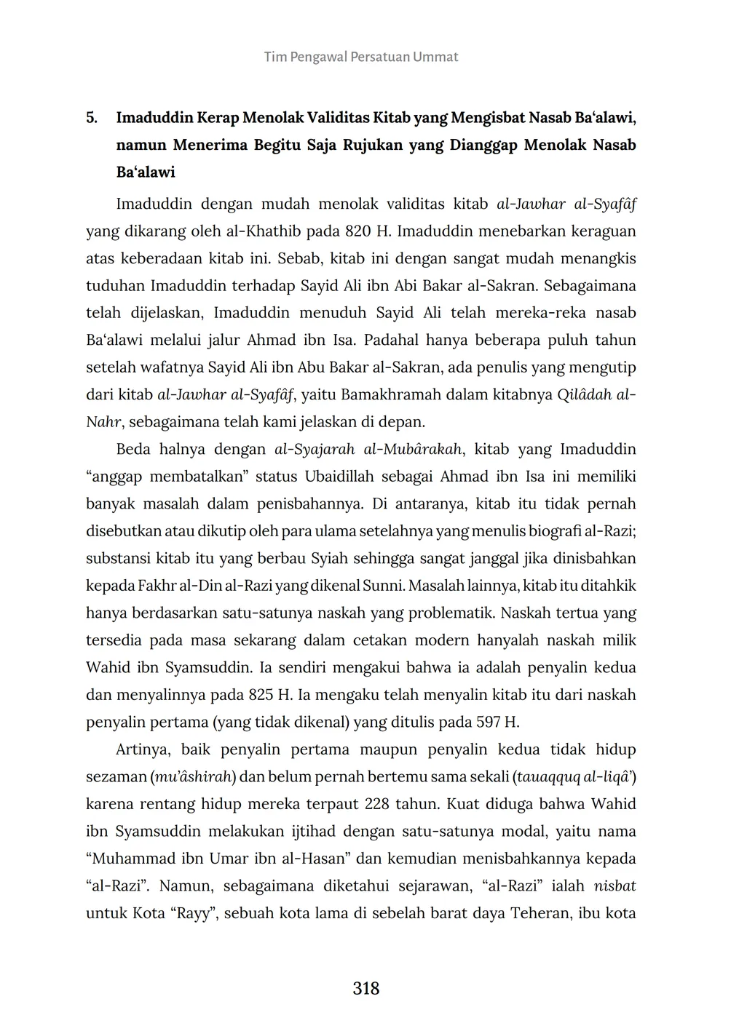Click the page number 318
pyautogui.click(x=365, y=988)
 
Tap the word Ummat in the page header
pyautogui.click(x=435, y=57)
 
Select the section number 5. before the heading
pyautogui.click(x=92, y=117)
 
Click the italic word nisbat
pyautogui.click(x=615, y=886)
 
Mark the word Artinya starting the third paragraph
pyautogui.click(x=144, y=749)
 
